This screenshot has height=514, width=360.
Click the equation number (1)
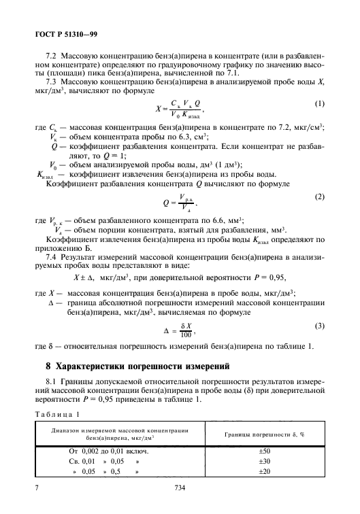tap(320, 103)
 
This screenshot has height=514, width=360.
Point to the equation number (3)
tap(320, 328)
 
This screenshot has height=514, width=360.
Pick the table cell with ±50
tap(267, 451)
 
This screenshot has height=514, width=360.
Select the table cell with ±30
tap(267, 462)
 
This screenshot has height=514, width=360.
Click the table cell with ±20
tap(267, 472)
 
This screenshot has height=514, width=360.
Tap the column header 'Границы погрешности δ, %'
tap(267, 433)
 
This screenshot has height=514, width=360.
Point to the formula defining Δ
tap(180, 332)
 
